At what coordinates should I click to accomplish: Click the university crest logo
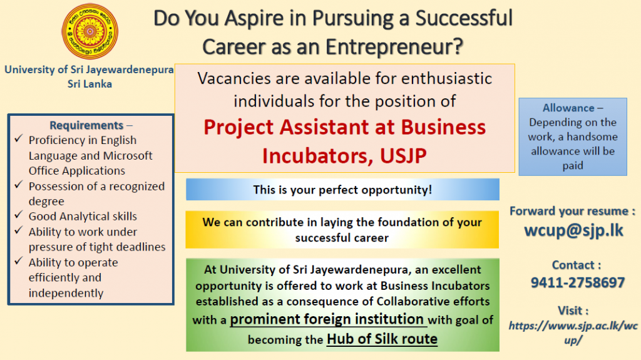90,31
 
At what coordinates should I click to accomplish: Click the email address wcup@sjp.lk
573,231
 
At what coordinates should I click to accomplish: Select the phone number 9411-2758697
578,283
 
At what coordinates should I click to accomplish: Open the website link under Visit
573,332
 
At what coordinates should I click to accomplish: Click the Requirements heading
86,125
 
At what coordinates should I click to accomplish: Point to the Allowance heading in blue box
568,108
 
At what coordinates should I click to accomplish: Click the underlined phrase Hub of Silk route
382,339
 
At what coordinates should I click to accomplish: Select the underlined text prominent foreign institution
327,319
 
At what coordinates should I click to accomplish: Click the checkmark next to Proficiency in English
18,138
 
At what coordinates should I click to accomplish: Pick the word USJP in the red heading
403,156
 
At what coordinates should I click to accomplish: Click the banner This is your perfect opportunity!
342,190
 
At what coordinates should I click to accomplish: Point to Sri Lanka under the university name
90,84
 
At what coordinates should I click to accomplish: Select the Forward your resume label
572,211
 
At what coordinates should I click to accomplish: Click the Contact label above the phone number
577,265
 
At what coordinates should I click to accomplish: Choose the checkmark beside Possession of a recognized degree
18,185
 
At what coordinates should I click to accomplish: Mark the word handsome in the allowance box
592,136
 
